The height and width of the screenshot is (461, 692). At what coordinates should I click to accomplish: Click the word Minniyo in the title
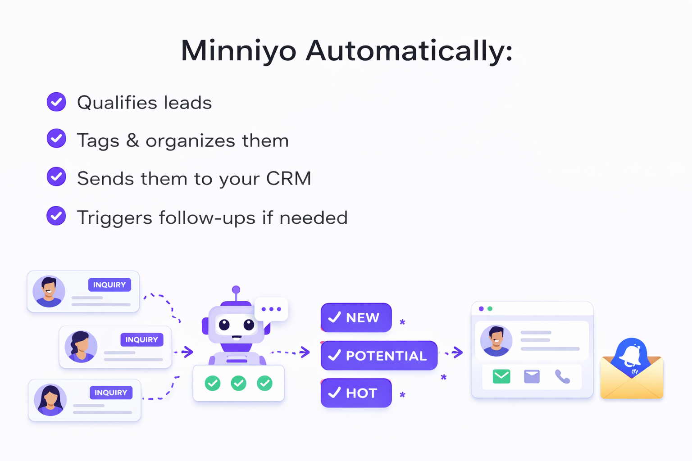(238, 50)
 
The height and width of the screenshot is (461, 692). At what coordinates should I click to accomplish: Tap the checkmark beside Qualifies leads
(56, 102)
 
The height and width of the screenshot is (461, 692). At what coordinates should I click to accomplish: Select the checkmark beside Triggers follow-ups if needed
(56, 216)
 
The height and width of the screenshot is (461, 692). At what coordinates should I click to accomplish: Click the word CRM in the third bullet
(288, 179)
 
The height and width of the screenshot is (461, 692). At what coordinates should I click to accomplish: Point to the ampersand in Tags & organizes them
(132, 140)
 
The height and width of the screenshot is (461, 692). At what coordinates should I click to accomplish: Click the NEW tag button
(356, 318)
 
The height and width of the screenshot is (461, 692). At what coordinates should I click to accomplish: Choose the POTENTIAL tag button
(379, 356)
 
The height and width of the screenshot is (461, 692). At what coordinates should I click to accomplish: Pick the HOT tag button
(356, 393)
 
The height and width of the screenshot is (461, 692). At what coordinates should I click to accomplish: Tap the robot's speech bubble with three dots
(271, 309)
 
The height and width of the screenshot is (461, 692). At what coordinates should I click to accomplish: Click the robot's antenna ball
(236, 289)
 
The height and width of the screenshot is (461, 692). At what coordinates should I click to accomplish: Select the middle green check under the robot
(238, 383)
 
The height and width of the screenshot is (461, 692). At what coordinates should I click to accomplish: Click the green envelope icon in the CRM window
(501, 376)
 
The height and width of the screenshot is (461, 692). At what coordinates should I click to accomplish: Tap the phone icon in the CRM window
(562, 376)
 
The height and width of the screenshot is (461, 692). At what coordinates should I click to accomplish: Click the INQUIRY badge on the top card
(109, 285)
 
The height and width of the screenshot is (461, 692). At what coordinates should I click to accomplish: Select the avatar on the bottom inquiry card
(50, 400)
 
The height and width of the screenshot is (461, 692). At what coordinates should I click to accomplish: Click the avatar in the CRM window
(496, 341)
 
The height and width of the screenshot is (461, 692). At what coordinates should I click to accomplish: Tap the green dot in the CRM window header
(490, 309)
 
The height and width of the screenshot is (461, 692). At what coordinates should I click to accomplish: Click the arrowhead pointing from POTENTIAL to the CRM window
(458, 352)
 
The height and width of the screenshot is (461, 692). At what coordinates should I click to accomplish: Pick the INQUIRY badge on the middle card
(141, 339)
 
